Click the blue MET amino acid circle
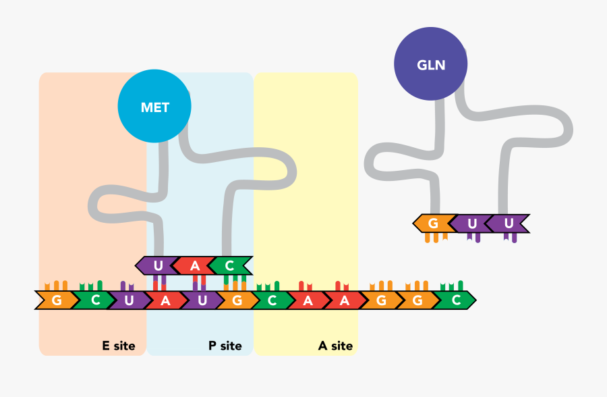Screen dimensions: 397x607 154,107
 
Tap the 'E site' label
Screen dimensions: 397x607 119,346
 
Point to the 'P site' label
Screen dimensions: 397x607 225,346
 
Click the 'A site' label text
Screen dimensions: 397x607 335,346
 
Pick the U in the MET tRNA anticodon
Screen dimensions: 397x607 158,265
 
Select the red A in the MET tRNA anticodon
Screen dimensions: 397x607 195,265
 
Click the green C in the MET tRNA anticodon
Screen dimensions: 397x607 230,265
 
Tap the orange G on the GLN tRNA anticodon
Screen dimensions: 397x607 434,223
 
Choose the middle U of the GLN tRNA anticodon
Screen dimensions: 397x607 472,223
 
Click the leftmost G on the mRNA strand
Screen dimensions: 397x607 56,300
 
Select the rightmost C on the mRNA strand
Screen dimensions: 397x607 457,300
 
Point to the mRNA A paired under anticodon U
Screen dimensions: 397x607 165,300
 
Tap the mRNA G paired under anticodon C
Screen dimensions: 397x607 237,300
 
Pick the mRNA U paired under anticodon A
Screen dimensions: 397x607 202,300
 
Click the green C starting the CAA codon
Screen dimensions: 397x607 272,300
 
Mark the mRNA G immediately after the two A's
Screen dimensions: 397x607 381,300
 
